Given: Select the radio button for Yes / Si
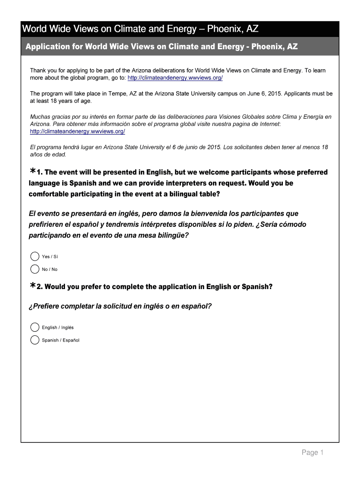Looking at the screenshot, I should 35,256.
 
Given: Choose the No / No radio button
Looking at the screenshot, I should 35,269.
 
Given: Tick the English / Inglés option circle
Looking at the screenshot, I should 35,327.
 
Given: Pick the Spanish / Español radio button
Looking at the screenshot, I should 35,340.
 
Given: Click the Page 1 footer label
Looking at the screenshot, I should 312,452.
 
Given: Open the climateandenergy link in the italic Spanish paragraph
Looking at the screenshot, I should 77,131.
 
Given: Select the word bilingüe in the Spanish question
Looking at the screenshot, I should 172,235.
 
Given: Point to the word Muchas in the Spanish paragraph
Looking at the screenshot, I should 40,117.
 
